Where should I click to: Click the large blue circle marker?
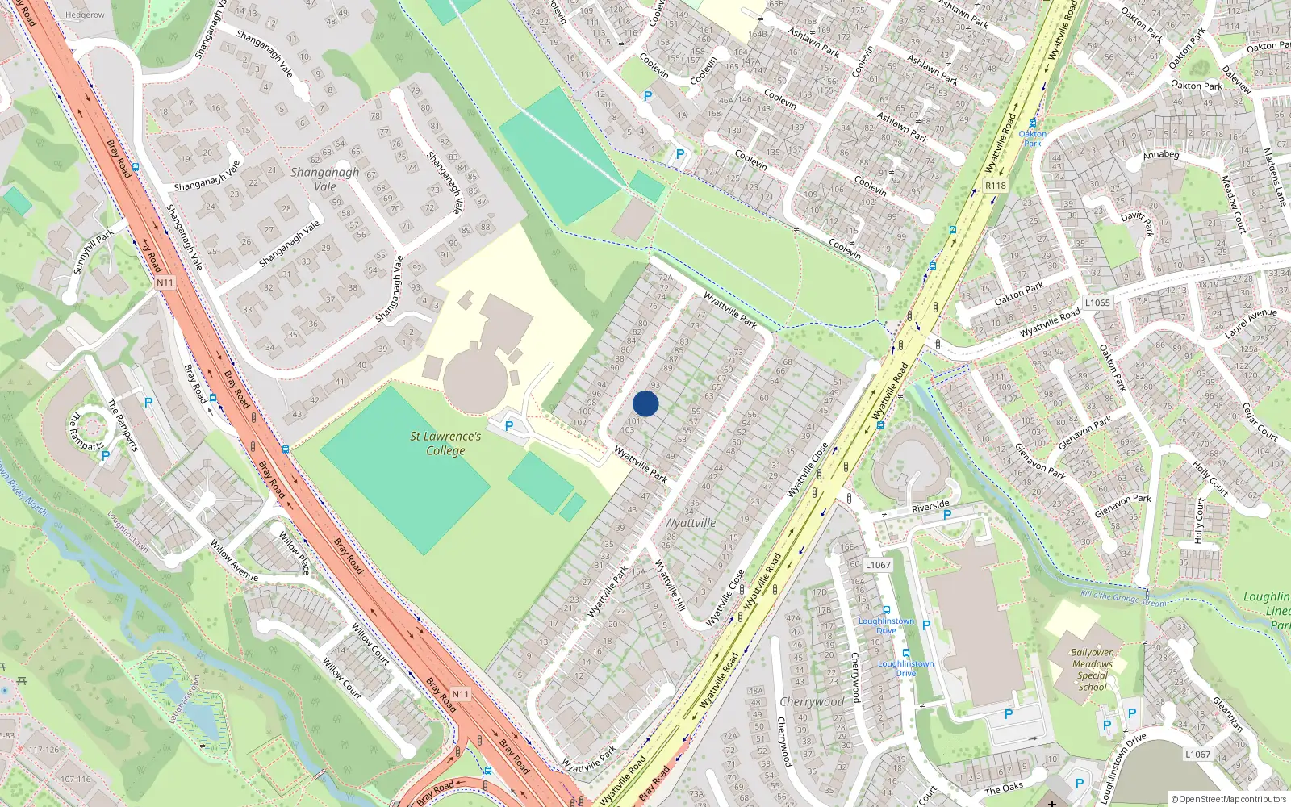645,403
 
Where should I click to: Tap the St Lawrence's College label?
445,443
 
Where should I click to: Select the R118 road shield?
996,186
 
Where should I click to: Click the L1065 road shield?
1097,303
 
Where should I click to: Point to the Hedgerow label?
85,15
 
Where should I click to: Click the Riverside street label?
930,506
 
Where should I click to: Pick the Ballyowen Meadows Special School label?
1093,669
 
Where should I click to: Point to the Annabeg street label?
1161,154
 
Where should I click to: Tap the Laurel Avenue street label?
1251,323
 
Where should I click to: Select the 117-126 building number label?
44,749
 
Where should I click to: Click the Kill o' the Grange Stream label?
1123,598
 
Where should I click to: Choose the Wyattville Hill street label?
669,585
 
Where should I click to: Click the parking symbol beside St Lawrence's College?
509,426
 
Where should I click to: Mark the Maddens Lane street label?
1274,177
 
